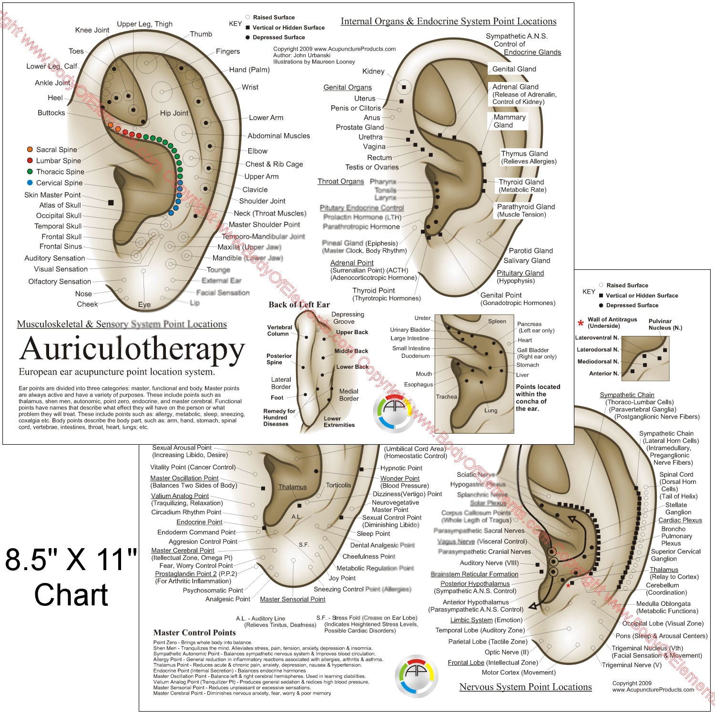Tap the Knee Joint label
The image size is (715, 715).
[x=92, y=30]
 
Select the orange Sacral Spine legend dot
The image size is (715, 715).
[x=30, y=150]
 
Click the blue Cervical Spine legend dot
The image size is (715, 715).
[x=30, y=183]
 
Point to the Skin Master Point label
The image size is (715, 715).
[x=52, y=195]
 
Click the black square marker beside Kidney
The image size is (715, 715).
[x=404, y=87]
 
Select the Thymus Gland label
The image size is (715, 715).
[x=524, y=153]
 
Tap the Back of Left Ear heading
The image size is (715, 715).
[x=299, y=305]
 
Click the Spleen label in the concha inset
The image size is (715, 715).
[x=497, y=321]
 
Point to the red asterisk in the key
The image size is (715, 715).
[x=581, y=324]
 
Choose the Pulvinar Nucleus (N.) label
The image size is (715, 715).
[x=665, y=325]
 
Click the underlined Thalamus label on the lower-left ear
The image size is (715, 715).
[x=293, y=487]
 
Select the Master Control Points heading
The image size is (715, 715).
[x=194, y=633]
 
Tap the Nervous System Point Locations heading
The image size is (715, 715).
[x=525, y=687]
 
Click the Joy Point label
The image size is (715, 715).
[x=342, y=578]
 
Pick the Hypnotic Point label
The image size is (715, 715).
[x=401, y=468]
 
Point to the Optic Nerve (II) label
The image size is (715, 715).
[x=506, y=652]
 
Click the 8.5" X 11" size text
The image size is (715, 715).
[x=71, y=559]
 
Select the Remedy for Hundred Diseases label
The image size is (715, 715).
[x=279, y=418]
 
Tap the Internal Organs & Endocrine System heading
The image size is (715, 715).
[x=449, y=21]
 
